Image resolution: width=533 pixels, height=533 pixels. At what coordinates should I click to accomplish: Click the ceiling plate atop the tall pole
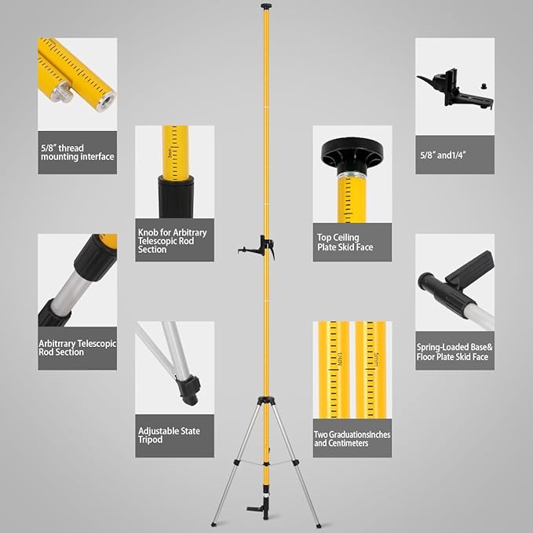pos(266,5)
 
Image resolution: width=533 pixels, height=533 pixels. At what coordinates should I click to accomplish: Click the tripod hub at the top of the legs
pos(266,401)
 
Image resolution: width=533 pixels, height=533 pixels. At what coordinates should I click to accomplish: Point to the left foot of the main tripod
pos(214,524)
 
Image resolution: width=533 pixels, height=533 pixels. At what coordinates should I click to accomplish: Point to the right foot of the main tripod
pos(319,525)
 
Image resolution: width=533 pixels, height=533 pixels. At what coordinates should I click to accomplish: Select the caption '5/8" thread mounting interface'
pos(78,152)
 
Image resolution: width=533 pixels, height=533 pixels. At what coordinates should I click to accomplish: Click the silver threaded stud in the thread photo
pos(62,92)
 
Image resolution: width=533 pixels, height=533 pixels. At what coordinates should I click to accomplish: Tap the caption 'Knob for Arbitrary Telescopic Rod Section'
pos(173,241)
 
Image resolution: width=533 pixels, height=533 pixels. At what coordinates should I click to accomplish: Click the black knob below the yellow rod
pos(176,196)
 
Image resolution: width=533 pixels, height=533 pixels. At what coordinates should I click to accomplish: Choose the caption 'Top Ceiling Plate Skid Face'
pos(345,243)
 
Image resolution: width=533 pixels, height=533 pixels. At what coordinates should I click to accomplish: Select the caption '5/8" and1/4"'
pos(443,155)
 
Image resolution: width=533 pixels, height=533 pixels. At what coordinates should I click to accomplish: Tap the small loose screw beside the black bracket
pos(483,86)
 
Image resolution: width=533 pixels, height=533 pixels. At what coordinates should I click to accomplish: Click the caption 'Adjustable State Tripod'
pos(169,436)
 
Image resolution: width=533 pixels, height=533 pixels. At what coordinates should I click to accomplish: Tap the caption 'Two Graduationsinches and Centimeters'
pos(352,439)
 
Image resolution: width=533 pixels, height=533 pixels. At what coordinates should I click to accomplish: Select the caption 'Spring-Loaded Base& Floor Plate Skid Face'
pos(455,352)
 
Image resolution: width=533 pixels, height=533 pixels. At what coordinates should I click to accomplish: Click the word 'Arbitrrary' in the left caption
pos(57,344)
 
